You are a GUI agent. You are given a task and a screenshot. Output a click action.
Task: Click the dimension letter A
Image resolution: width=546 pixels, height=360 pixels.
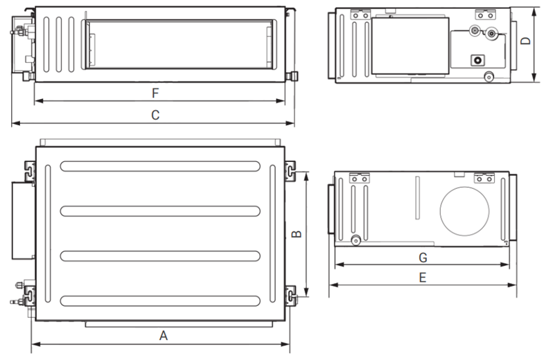(x=164, y=336)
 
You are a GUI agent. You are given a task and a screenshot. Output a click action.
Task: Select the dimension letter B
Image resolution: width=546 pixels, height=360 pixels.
(x=297, y=234)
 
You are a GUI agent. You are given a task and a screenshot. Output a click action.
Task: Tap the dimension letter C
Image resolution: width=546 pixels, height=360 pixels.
(x=155, y=115)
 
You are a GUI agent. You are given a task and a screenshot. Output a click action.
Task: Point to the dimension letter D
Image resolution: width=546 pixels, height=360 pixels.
(x=525, y=41)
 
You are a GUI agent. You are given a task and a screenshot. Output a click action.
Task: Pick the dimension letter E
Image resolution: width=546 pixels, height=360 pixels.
(x=423, y=278)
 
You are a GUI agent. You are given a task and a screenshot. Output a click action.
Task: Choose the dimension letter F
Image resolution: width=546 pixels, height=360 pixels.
(x=155, y=93)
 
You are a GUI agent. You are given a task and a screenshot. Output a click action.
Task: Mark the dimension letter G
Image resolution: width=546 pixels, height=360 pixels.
(x=423, y=258)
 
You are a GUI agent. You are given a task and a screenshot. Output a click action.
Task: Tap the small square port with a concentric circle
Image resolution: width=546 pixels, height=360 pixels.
(x=478, y=60)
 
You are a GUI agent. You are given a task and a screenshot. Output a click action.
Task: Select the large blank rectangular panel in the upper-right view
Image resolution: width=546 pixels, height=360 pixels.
(x=410, y=46)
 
